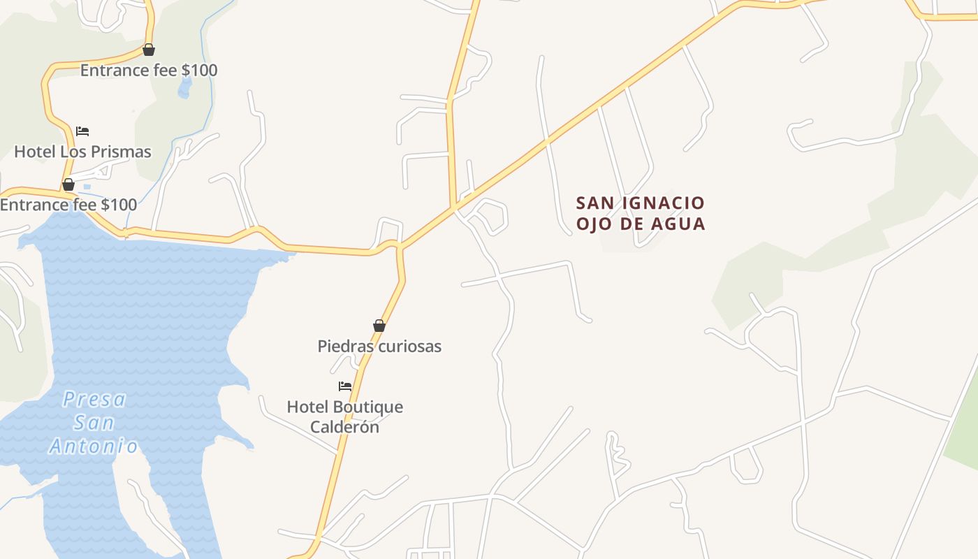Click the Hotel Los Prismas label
82,152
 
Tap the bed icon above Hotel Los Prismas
82,131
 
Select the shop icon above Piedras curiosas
379,326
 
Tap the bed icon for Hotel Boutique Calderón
345,386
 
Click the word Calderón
344,427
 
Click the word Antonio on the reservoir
93,446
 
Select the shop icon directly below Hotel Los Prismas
68,185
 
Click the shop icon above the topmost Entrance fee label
148,50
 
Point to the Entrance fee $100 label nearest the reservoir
68,205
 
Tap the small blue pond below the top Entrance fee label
185,88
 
